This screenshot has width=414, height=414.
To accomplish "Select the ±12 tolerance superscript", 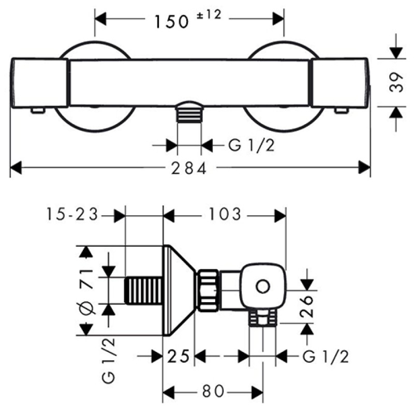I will tap(209, 16).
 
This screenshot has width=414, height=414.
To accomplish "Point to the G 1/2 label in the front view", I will tap(251, 146).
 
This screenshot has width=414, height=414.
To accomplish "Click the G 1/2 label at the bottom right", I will tap(325, 356).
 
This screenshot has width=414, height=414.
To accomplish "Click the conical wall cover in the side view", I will tap(179, 290).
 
